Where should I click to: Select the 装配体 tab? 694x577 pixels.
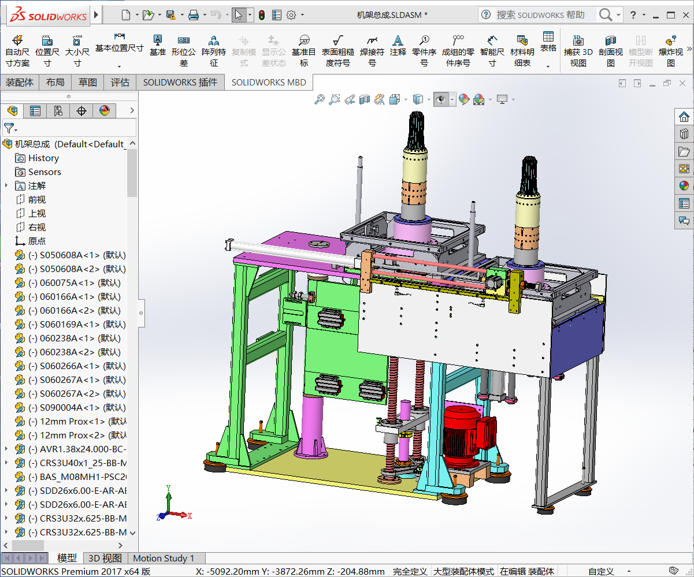coord(20,83)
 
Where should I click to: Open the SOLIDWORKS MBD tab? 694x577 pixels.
coord(268,83)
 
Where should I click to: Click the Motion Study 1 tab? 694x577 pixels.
coord(164,559)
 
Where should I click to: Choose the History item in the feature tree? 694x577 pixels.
coord(43,158)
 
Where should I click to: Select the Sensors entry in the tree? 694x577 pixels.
coord(44,172)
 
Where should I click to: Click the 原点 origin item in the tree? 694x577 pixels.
coord(36,241)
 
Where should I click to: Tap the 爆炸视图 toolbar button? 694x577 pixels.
coord(670,51)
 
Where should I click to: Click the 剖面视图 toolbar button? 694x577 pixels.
coord(610,51)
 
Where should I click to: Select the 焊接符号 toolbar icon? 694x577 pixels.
coord(372,51)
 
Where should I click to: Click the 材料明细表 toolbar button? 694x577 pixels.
coord(522,51)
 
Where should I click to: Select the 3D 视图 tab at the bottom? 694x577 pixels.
coord(105,559)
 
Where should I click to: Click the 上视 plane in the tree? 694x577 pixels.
coord(36,214)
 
